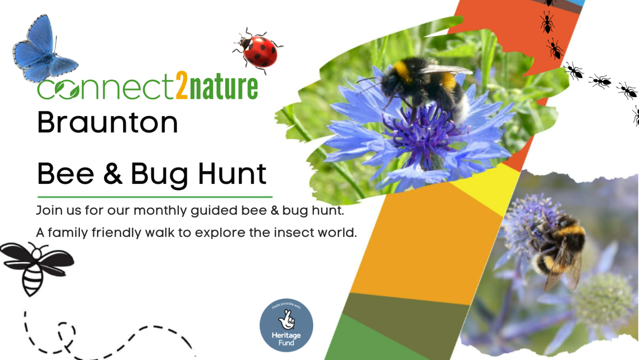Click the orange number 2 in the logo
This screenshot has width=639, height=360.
[182, 85]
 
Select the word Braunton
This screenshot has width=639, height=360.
[108, 122]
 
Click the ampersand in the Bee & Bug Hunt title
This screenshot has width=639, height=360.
[113, 173]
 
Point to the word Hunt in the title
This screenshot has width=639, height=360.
[232, 173]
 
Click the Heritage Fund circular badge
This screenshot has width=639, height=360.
[286, 325]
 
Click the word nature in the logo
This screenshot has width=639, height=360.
[223, 87]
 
